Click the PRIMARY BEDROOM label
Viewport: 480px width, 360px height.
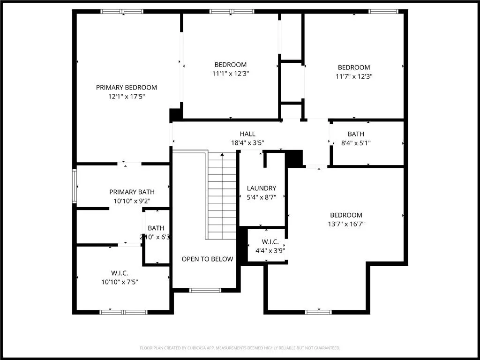point(127,88)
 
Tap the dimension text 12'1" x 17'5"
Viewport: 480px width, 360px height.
point(127,97)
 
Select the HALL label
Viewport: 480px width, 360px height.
point(247,134)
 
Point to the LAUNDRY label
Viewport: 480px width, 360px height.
point(262,188)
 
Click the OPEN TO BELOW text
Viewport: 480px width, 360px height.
point(207,259)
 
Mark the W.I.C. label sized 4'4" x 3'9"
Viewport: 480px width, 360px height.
point(270,242)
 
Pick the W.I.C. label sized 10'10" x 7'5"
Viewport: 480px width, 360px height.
point(120,273)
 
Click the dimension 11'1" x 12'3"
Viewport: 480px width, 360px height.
point(230,74)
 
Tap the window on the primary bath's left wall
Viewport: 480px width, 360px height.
point(75,186)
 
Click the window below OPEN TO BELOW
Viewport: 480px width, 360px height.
point(205,291)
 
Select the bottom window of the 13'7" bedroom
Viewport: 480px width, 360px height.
point(318,312)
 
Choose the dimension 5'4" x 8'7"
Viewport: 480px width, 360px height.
point(262,197)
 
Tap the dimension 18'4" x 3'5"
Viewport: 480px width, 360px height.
point(247,143)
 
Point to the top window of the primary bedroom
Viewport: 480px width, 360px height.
point(122,12)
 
